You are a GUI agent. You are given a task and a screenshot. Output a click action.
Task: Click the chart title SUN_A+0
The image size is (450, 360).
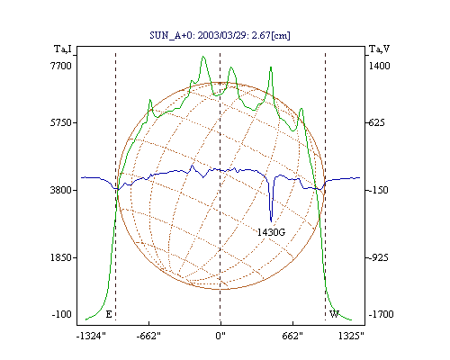tap(171, 36)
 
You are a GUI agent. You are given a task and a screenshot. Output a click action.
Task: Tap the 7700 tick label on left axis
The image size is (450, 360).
tap(61, 66)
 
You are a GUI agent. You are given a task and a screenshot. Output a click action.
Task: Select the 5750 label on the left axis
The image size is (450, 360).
tap(61, 122)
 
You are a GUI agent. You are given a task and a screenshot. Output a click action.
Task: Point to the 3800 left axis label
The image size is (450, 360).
tap(61, 190)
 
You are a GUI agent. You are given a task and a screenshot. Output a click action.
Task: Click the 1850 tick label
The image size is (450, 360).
tap(61, 257)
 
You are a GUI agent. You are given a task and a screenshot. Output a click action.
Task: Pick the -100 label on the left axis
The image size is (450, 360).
tap(62, 314)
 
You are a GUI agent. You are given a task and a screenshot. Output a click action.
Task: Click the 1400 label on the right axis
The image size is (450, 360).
tap(379, 66)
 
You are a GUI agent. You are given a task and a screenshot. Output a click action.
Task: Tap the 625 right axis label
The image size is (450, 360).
tap(376, 122)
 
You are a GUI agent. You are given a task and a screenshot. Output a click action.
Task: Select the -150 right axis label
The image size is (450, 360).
tap(378, 190)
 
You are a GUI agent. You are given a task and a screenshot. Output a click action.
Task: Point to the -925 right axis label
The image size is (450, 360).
tap(378, 257)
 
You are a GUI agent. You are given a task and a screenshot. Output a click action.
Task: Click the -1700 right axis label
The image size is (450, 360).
tap(381, 314)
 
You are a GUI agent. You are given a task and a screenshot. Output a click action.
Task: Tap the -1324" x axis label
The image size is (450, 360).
tap(91, 336)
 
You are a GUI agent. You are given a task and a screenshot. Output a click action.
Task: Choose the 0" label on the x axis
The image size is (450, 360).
tap(220, 336)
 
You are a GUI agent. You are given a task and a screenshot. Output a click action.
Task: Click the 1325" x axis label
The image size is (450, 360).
tap(351, 336)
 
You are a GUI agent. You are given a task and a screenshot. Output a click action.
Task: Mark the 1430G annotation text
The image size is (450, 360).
tap(271, 232)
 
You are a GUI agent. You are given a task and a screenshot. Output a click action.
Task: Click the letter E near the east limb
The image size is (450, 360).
tap(109, 314)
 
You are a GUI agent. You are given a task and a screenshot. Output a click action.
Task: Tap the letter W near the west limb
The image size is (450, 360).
tap(334, 314)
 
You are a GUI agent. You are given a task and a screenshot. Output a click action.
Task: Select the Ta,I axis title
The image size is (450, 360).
tap(63, 49)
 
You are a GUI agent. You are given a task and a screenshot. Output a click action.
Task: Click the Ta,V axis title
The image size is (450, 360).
tap(379, 49)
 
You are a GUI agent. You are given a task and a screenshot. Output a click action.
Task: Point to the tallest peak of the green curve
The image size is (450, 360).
tap(203, 56)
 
